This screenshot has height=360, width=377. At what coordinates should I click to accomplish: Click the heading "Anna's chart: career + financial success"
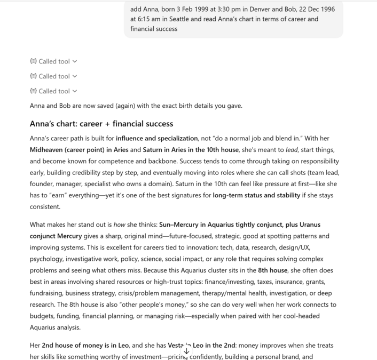point(101,124)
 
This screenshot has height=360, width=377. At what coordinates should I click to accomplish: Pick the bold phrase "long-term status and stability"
point(256,195)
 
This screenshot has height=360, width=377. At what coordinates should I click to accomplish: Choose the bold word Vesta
point(176,346)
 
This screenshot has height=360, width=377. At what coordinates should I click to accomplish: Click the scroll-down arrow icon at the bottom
point(186,351)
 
